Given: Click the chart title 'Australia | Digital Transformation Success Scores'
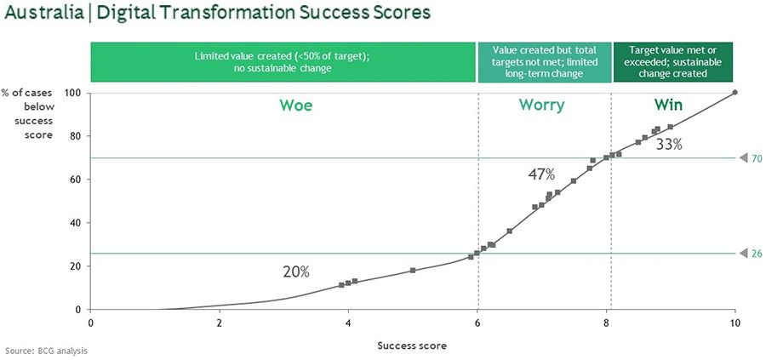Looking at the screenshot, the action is (x=217, y=12).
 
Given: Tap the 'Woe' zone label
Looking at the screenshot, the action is (x=295, y=105).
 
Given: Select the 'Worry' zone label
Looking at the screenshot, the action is (x=541, y=105).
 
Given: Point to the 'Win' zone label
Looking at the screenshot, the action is (x=668, y=105).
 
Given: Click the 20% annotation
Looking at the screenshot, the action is (x=296, y=271).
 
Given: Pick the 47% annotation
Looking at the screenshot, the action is (x=541, y=174).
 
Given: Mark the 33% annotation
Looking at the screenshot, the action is (x=669, y=145).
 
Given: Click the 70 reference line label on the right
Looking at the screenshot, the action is (x=757, y=158).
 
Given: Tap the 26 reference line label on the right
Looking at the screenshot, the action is (x=757, y=254).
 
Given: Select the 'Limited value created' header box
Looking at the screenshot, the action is (x=283, y=62).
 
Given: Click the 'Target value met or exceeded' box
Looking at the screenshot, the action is (x=673, y=62).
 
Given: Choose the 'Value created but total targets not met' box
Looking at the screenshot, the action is (x=545, y=62).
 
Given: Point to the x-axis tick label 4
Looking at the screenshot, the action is (x=348, y=323).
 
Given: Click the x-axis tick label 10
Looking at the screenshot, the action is (x=735, y=323).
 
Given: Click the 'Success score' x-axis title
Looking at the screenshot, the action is (x=412, y=346).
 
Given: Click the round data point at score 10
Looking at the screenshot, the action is (x=735, y=92).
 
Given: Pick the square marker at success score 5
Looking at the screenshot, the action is (x=413, y=270).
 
